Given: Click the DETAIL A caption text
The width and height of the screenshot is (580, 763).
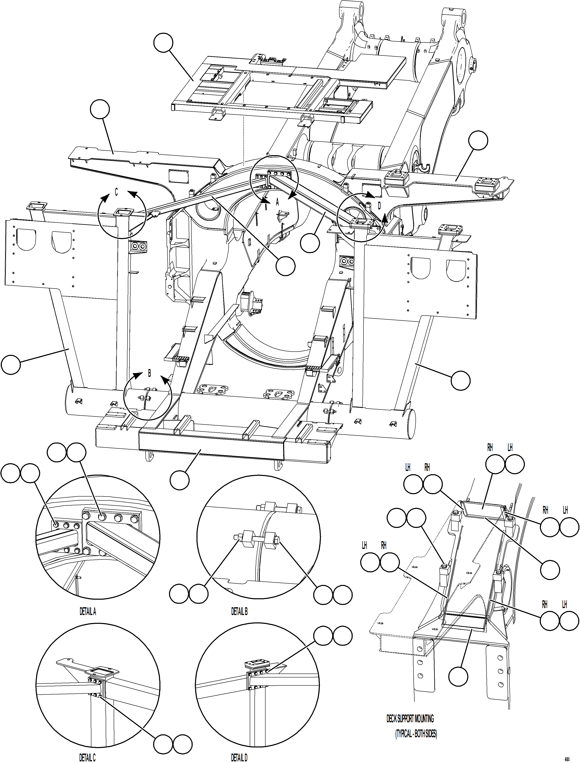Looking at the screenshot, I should coord(88,612).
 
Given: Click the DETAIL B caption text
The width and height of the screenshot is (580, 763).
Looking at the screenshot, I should coord(239,612).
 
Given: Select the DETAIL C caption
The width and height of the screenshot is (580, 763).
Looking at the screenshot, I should coord(87,757).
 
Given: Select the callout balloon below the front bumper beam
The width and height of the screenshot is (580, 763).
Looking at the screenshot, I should coord(179,480).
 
